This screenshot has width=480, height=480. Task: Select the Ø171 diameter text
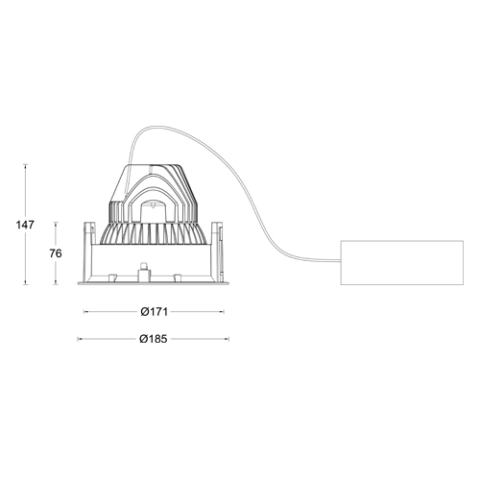(154, 312)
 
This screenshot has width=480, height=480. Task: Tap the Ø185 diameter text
(154, 339)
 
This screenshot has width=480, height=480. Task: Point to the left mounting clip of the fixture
(89, 234)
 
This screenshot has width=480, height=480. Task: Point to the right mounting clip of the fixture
(217, 234)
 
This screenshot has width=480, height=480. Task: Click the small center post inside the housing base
(143, 272)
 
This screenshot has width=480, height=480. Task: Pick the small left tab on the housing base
(111, 278)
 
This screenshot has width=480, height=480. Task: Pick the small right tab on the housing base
(177, 278)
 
